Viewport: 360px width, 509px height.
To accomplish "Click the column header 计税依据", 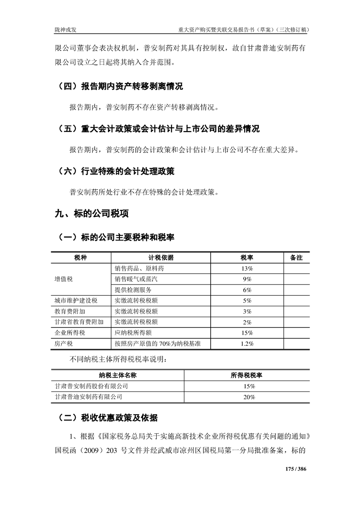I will (x=161, y=258).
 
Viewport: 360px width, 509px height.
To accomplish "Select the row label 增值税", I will (x=64, y=279).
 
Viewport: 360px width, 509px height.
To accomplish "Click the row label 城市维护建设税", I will (x=76, y=300).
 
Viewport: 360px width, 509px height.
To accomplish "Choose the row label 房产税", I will (x=64, y=344).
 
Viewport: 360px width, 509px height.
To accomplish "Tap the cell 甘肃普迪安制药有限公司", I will (x=88, y=396).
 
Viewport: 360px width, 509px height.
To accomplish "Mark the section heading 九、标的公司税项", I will (x=91, y=214).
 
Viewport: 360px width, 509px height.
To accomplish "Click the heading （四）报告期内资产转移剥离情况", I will (x=121, y=86).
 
